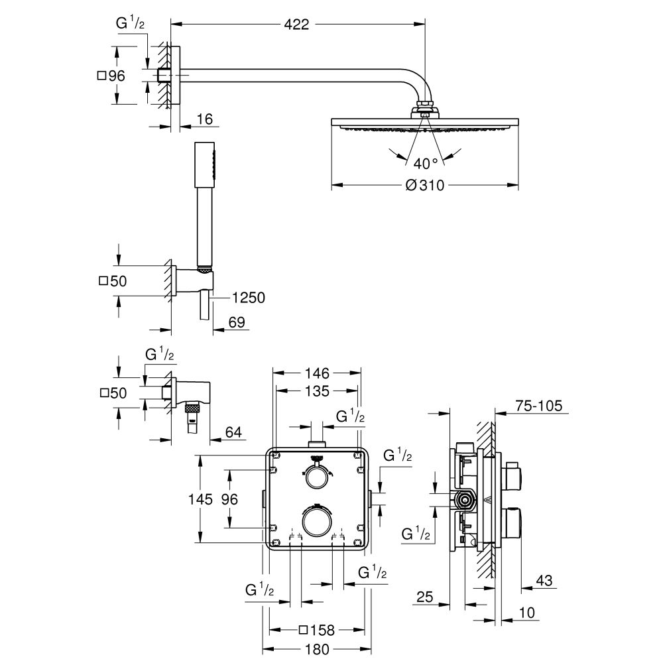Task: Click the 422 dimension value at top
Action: click(x=297, y=25)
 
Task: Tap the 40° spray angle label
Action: click(x=425, y=162)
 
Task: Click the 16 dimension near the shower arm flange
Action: click(x=204, y=119)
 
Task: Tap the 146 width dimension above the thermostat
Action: click(x=317, y=373)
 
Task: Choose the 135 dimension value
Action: click(x=317, y=391)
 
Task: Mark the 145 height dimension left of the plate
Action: click(x=199, y=499)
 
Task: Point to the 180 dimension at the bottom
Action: click(x=317, y=648)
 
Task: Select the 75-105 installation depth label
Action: click(x=538, y=405)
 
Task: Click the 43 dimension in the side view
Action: click(x=544, y=581)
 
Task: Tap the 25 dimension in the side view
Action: click(x=426, y=598)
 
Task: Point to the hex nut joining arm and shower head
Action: click(x=424, y=107)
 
